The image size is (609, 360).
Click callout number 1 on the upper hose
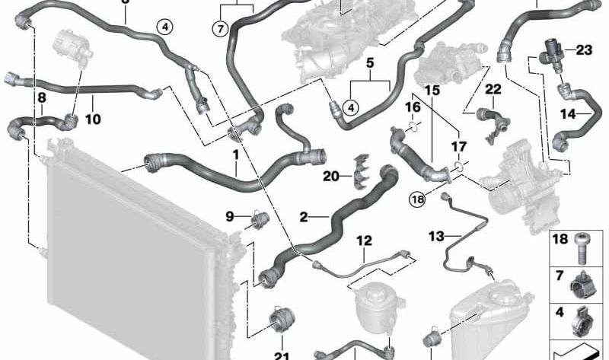click(236, 155)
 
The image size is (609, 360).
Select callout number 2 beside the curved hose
click(303, 218)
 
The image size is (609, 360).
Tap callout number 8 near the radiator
click(41, 98)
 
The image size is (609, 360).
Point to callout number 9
click(230, 216)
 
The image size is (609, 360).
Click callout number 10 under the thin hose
click(92, 119)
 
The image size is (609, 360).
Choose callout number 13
click(435, 236)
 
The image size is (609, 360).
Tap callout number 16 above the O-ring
click(412, 107)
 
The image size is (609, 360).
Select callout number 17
click(458, 145)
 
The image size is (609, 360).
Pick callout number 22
click(493, 89)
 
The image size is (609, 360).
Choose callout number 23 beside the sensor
click(583, 51)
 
